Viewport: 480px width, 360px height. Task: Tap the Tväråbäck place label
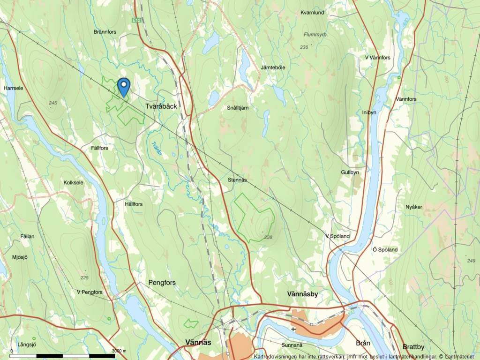[x=161, y=106]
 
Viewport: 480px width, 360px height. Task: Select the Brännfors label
[x=105, y=32]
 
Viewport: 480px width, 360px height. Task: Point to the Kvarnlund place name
[x=313, y=13]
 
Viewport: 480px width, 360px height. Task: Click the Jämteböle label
[x=273, y=67]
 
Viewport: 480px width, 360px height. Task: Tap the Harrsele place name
[x=13, y=88]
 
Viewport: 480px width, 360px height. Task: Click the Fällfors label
[x=100, y=148]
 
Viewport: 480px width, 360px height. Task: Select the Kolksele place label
[x=73, y=182]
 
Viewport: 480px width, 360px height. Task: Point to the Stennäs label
[x=237, y=180]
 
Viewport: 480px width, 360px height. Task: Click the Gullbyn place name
[x=350, y=172]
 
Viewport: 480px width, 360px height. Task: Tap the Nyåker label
[x=414, y=207]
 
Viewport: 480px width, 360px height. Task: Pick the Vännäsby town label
[x=302, y=294]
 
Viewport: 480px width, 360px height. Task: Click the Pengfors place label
[x=162, y=283]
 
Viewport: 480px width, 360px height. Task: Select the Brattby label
[x=413, y=347]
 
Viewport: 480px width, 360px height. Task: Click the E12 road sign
[x=136, y=21]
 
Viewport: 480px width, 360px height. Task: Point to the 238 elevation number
[x=268, y=238]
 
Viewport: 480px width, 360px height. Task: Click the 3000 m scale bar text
[x=120, y=351]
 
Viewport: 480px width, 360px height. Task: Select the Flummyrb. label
[x=315, y=35]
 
